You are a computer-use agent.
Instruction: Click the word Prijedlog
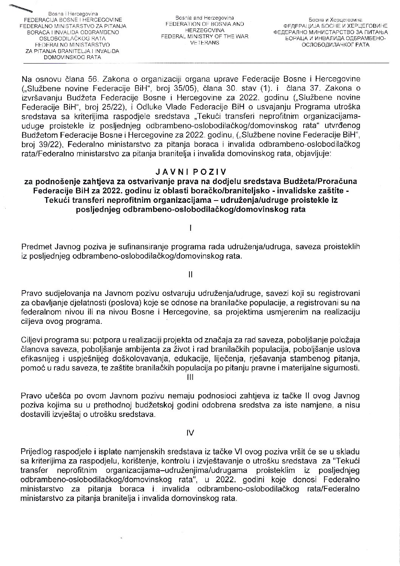click(x=37, y=452)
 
